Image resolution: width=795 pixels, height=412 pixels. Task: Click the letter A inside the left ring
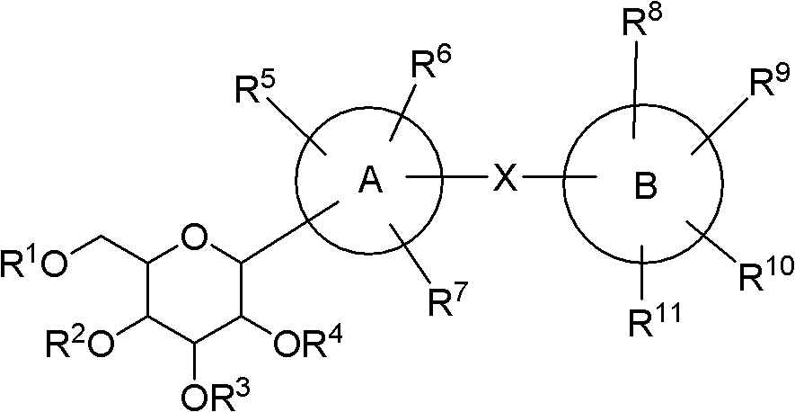(x=371, y=180)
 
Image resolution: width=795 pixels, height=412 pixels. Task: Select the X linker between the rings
(x=506, y=178)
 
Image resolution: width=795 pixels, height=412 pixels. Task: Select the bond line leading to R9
(x=720, y=123)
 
